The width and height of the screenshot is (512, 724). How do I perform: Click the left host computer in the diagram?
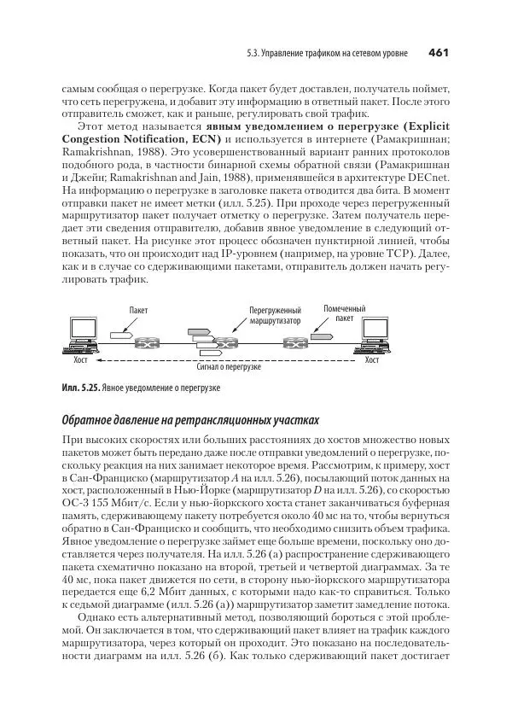[81, 335]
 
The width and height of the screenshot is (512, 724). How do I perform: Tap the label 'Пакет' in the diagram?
[138, 311]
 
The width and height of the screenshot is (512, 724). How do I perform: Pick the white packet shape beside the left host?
[121, 336]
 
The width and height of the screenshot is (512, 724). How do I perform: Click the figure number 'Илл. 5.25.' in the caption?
[79, 388]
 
